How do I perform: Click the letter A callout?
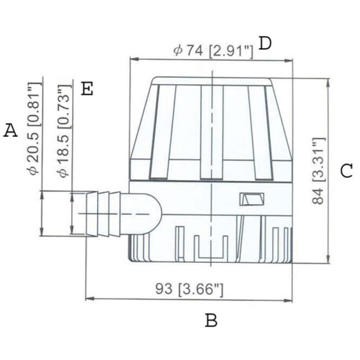[10, 130]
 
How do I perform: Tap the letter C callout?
[346, 171]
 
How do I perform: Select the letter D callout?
[265, 43]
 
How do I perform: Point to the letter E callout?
[87, 89]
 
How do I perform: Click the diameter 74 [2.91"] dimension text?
[213, 51]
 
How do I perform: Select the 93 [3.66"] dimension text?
[189, 289]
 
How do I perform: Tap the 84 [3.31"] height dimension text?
[319, 171]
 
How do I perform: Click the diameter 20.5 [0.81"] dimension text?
[34, 129]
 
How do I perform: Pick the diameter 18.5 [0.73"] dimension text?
[64, 131]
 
